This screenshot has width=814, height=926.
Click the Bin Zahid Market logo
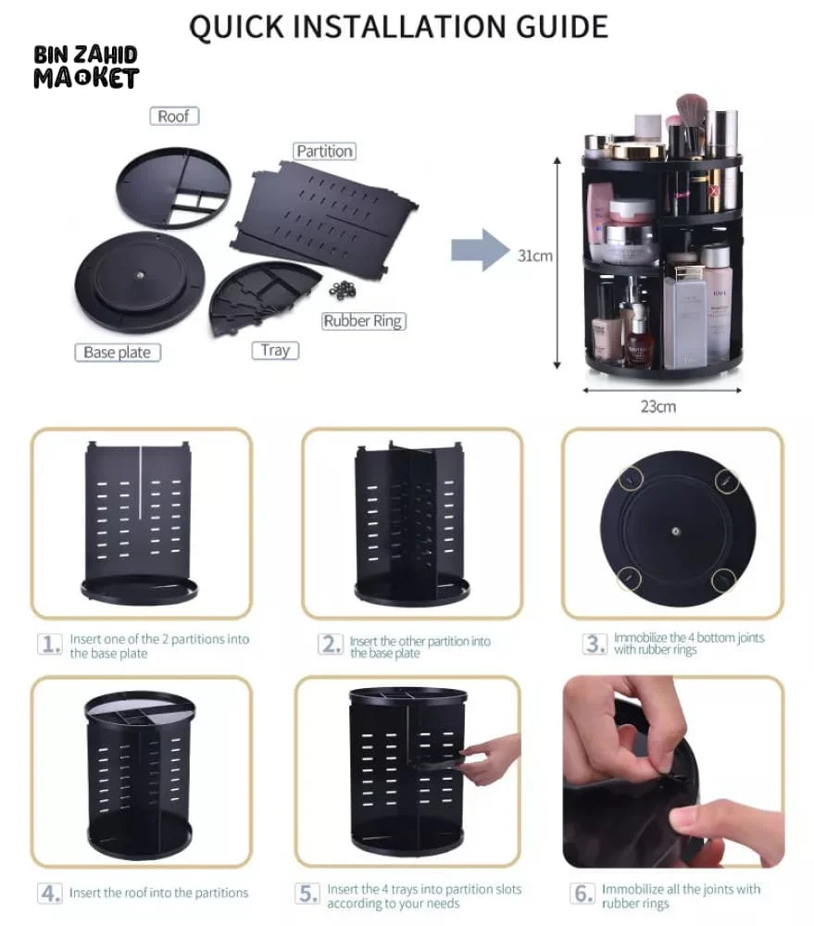coord(85,66)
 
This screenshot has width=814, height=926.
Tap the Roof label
coord(173,116)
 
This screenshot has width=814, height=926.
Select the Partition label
coord(324,151)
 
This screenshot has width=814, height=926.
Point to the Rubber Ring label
coord(363,321)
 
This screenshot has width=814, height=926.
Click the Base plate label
coord(117,353)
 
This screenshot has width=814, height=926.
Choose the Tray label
coord(274,350)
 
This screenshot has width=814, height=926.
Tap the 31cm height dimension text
coord(536,256)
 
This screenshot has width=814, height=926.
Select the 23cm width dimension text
coord(658,406)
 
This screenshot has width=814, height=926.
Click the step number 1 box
coord(50,644)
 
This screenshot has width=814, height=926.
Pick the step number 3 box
coord(594,644)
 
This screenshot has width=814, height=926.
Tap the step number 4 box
coord(50,894)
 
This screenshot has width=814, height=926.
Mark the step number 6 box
coord(582,895)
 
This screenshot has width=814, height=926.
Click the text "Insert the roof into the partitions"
coord(158,893)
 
